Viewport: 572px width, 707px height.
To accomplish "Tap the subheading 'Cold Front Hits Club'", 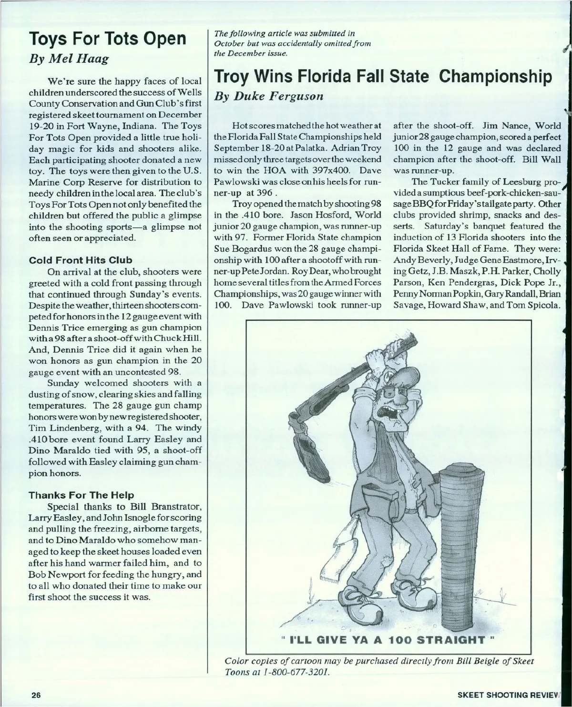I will coord(81,260).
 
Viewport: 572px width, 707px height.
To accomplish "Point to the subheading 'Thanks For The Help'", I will coord(82,495).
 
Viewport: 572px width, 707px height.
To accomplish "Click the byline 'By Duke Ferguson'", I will coord(269,96).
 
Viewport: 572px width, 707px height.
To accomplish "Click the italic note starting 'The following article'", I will coord(292,43).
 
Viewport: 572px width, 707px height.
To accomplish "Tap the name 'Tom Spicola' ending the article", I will coord(535,305).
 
